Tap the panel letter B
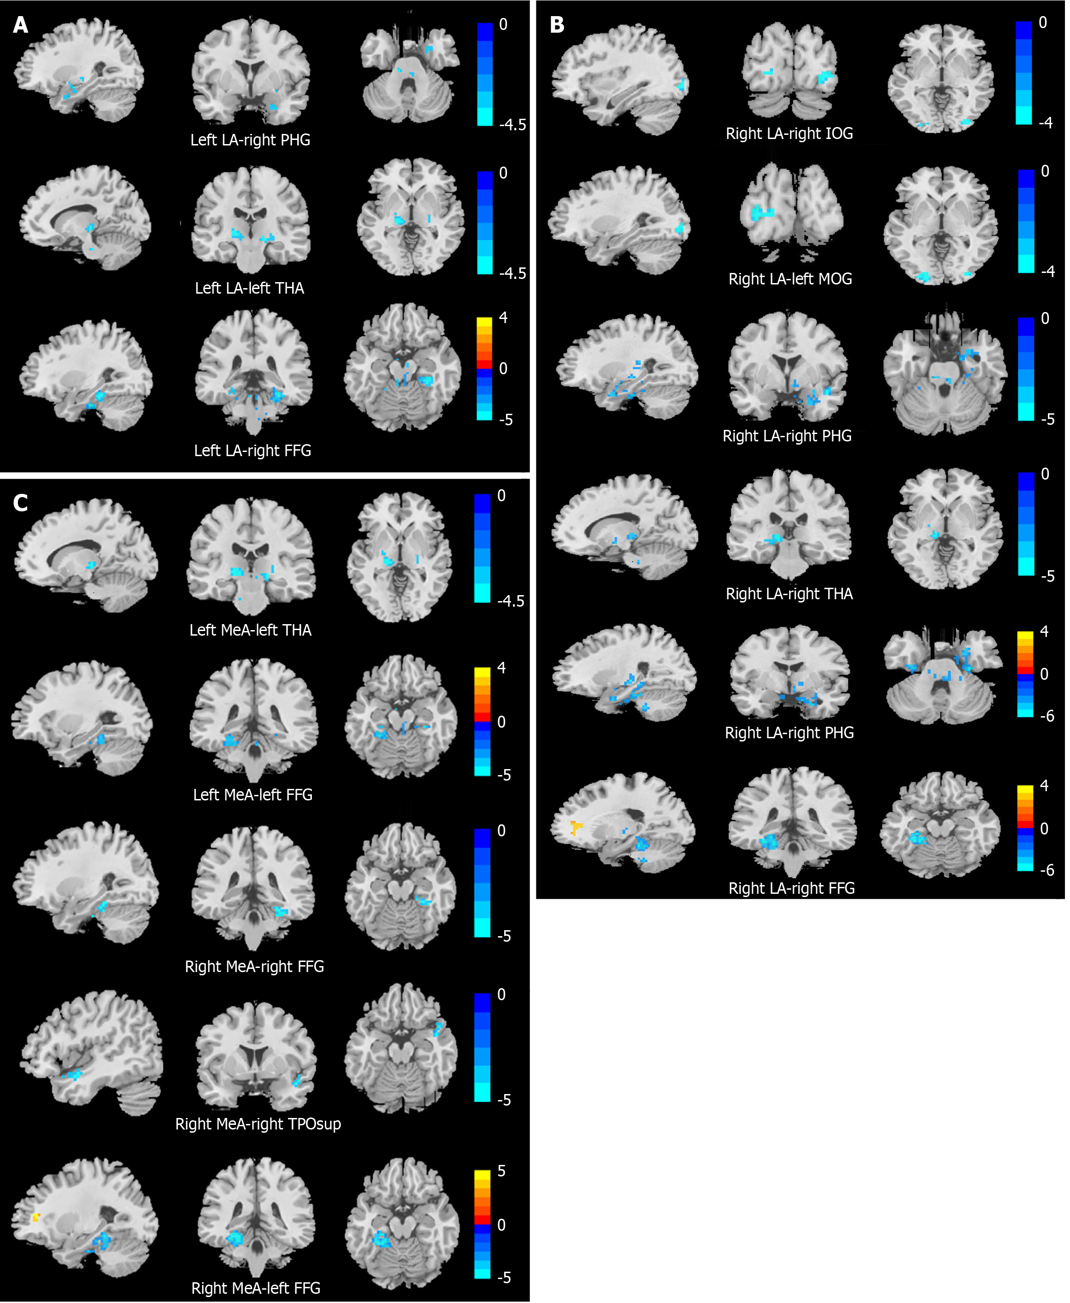[557, 25]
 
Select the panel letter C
[20, 503]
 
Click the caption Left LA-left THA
[250, 288]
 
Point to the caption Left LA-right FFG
[253, 451]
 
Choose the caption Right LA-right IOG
[789, 133]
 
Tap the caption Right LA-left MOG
[790, 279]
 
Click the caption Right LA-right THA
[789, 594]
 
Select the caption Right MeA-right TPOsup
[258, 1123]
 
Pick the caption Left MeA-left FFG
[253, 794]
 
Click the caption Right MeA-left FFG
[256, 1288]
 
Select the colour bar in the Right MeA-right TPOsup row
[482, 1047]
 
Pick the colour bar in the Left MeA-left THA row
[482, 548]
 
